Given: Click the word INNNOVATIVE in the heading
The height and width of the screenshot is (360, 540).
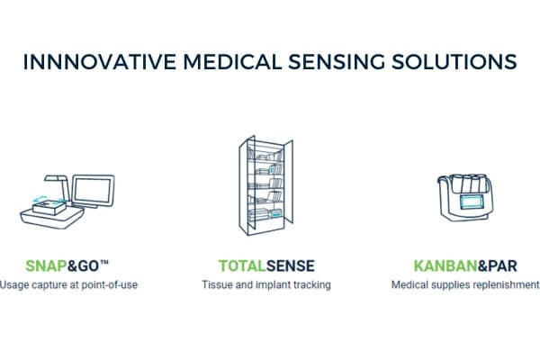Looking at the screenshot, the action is [100, 62].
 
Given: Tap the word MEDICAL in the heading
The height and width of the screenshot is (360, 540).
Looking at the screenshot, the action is [232, 62].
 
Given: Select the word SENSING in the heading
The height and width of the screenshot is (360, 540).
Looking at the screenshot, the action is [337, 62].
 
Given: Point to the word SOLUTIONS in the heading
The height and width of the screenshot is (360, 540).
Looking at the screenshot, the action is [454, 62].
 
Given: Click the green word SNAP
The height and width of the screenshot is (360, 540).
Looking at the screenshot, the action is [46, 265].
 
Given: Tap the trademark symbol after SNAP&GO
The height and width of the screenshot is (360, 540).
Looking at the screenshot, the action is [104, 263].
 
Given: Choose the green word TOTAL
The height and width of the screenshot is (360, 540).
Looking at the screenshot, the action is [242, 265].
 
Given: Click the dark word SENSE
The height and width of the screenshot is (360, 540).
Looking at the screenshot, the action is [291, 265].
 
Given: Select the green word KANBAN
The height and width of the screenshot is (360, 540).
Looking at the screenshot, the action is [445, 265].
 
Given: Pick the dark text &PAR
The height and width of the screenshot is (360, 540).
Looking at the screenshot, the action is [498, 265].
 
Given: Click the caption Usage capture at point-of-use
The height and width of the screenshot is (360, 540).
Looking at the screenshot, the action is [68, 285].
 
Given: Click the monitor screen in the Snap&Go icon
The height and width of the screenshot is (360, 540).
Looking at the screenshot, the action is [93, 190].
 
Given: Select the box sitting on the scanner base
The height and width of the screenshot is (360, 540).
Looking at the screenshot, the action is [49, 207].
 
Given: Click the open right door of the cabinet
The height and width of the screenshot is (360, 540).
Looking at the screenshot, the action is [288, 182].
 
